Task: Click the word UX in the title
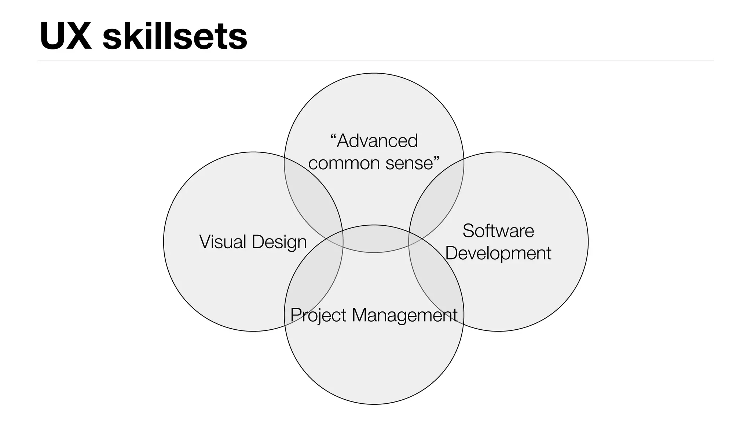point(66,36)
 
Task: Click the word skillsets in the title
point(175,36)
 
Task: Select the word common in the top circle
point(339,163)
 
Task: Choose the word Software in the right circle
point(498,231)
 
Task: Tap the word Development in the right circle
point(498,253)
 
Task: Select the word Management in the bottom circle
point(404,316)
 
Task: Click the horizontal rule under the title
point(375,60)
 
